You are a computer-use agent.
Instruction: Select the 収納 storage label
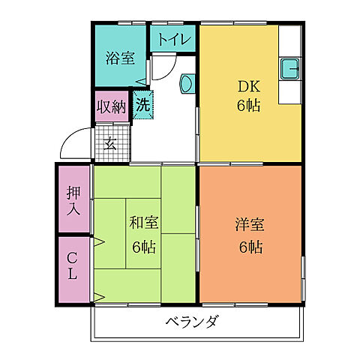(112, 106)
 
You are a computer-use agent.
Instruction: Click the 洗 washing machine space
(142, 105)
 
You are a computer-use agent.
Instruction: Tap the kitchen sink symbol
(289, 69)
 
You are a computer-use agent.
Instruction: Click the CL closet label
(73, 267)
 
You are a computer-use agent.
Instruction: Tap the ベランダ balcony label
(192, 322)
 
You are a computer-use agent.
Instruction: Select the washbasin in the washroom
(187, 83)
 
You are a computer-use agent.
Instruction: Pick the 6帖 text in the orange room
(250, 247)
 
